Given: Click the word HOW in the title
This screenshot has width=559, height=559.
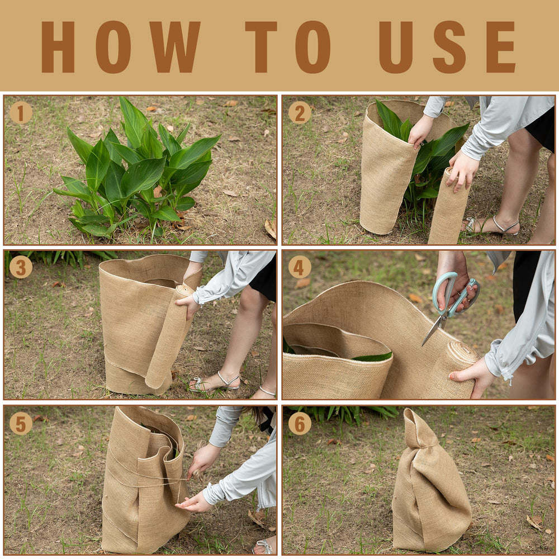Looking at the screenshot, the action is (x=121, y=47).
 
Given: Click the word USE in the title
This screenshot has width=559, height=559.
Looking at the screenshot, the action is (x=447, y=47).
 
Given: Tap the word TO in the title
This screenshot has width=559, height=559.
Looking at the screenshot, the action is (x=288, y=47).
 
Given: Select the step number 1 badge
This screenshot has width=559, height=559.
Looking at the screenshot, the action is (x=21, y=113).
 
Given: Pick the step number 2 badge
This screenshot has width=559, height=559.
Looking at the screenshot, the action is (x=300, y=113).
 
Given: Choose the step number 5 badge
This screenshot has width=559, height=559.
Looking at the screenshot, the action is (x=21, y=423).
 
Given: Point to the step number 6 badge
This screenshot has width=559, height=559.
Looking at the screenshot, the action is (x=300, y=423).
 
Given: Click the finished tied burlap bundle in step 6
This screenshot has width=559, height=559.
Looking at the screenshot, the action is (x=432, y=485).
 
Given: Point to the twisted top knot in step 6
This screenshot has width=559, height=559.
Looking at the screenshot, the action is (x=419, y=428).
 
